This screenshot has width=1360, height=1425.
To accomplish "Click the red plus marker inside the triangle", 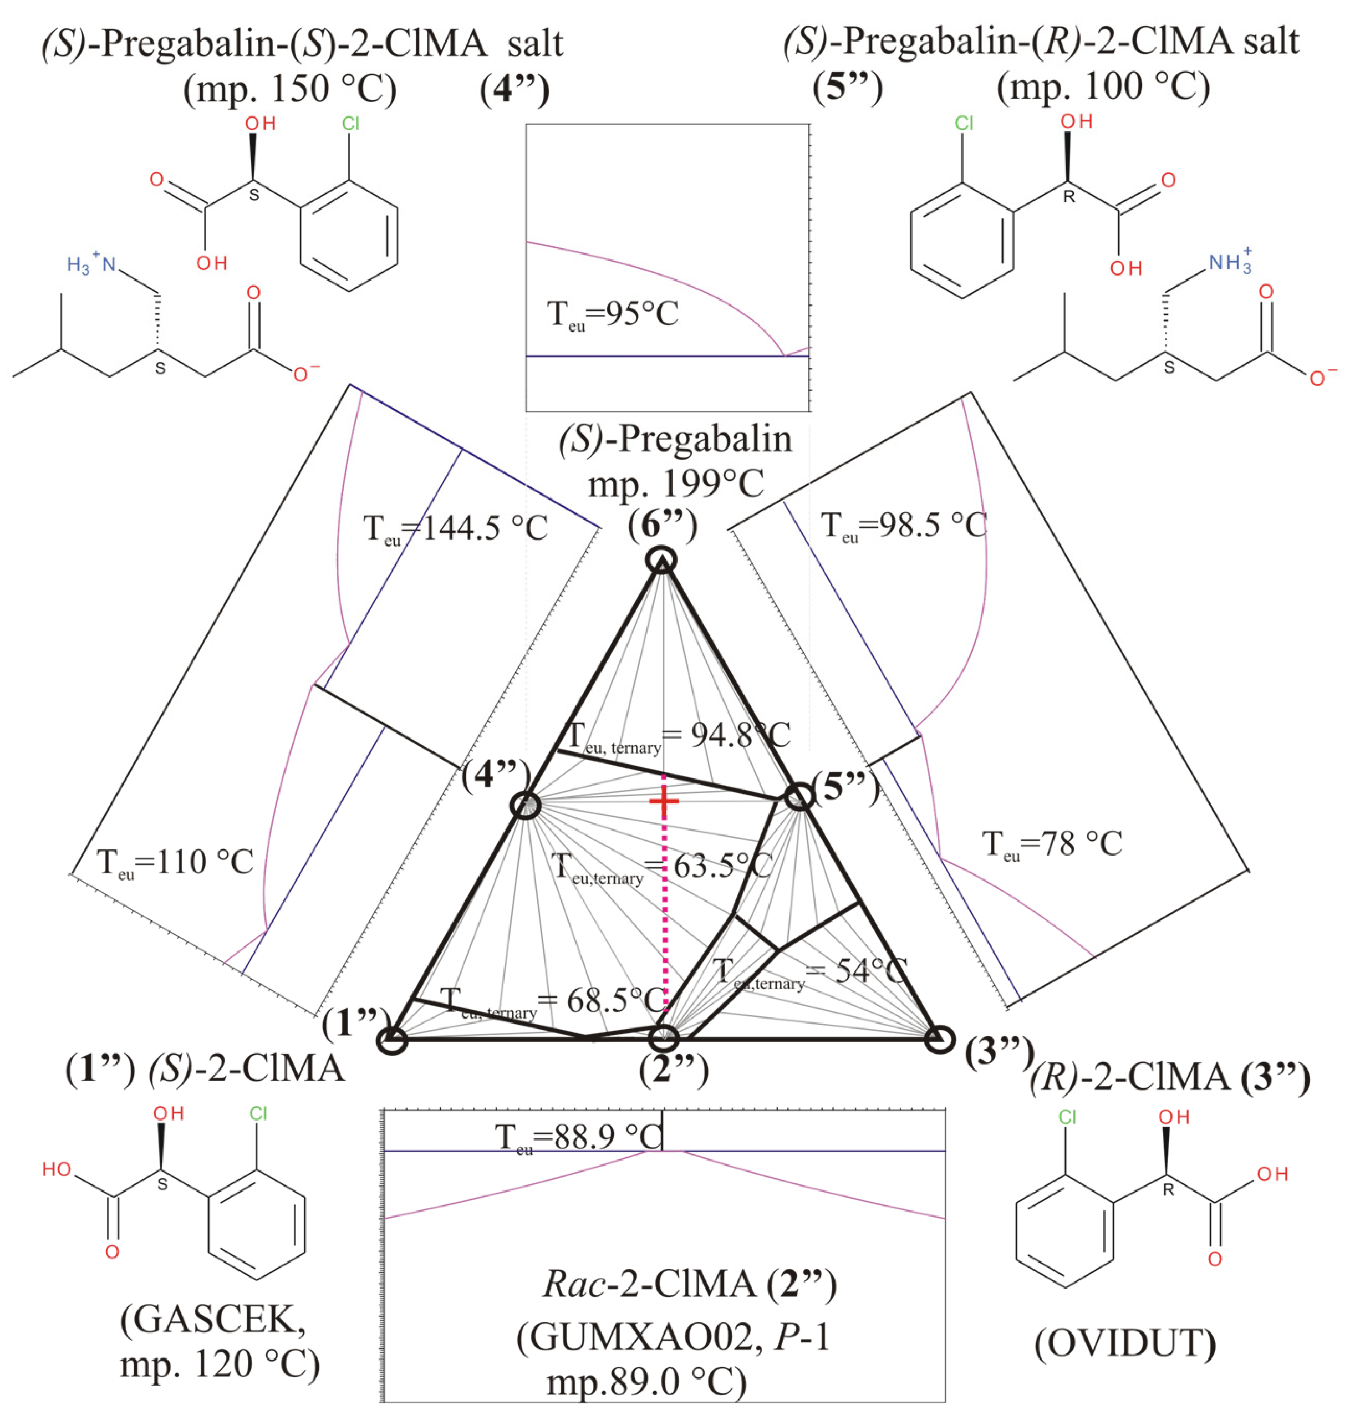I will [663, 801].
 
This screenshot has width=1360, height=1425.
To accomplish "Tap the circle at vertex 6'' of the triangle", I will [662, 560].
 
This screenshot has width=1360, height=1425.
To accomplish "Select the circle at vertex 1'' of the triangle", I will [393, 1040].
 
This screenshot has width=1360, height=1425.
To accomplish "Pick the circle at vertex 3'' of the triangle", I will [938, 1039].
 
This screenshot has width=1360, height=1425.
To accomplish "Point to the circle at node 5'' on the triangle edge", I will [799, 796].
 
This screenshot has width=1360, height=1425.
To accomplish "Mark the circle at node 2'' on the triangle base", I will [663, 1038].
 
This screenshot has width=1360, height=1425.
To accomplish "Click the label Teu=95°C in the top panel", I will [613, 316].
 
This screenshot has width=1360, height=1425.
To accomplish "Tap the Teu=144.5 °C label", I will [455, 528].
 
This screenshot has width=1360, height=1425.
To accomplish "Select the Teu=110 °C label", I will [175, 863].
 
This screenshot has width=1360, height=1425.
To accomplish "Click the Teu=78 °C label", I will [1052, 844].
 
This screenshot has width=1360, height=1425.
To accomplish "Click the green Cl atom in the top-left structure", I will [351, 123].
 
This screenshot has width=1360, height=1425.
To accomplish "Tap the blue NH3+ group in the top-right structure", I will [1228, 262].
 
